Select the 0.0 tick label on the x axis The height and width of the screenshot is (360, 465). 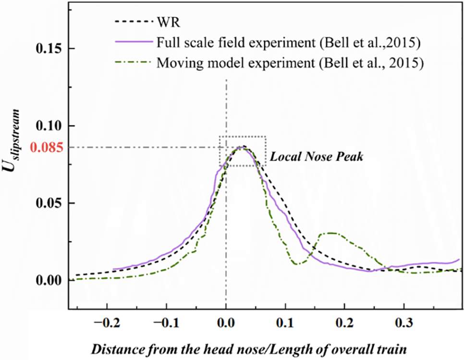[x=226, y=321]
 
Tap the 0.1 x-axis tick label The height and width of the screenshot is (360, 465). [x=285, y=321]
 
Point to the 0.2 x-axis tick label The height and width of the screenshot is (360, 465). [x=344, y=321]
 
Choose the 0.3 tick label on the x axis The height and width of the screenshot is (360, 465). [x=404, y=321]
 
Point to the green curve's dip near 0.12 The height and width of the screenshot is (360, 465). [x=298, y=263]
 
